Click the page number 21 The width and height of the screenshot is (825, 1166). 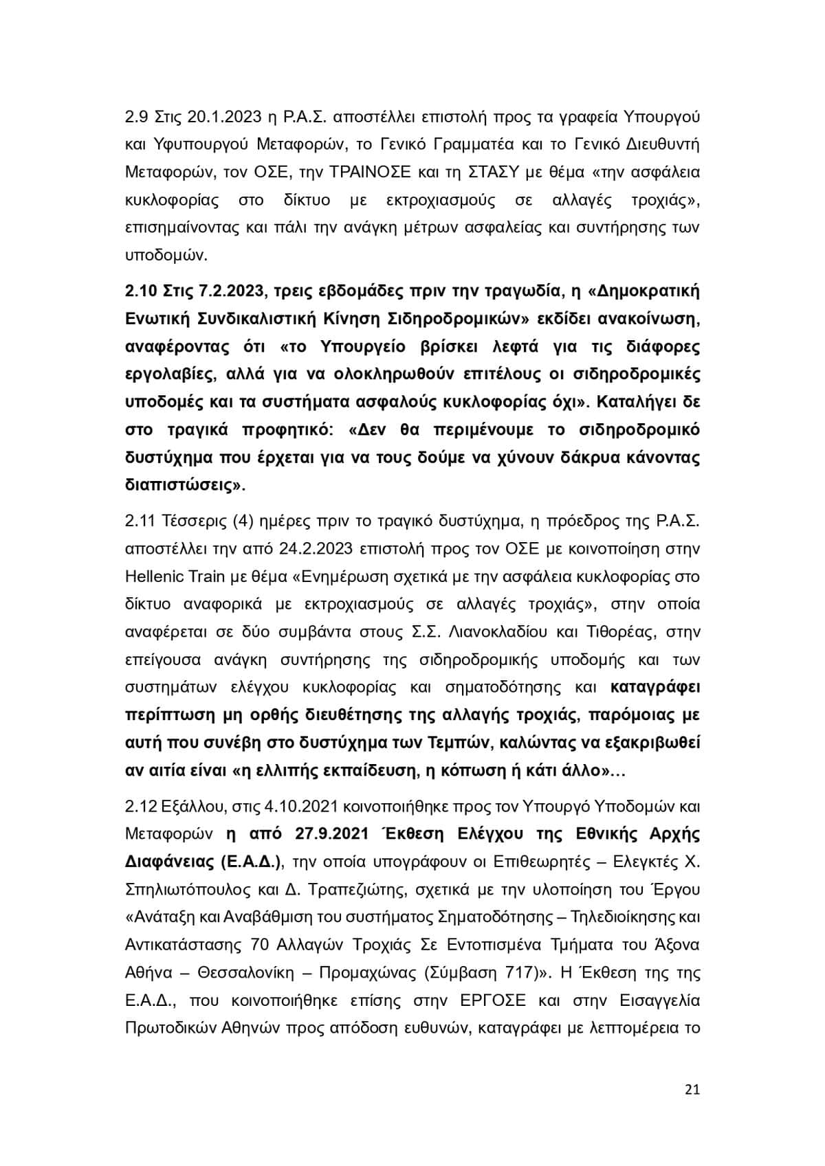click(692, 1090)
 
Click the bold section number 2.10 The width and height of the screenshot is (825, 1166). click(140, 291)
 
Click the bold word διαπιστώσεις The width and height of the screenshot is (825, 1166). click(183, 485)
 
